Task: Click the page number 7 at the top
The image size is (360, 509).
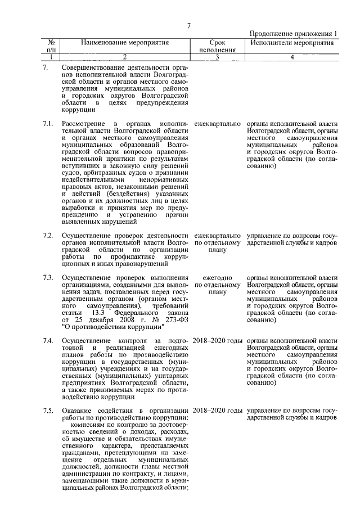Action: pyautogui.click(x=190, y=25)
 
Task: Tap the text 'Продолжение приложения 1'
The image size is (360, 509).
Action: pyautogui.click(x=293, y=34)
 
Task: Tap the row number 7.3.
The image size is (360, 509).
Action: pyautogui.click(x=48, y=277)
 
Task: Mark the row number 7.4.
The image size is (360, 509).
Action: pyautogui.click(x=48, y=341)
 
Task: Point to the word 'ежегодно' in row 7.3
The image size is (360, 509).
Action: pyautogui.click(x=217, y=277)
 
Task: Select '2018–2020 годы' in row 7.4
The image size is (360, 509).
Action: pyautogui.click(x=218, y=341)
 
